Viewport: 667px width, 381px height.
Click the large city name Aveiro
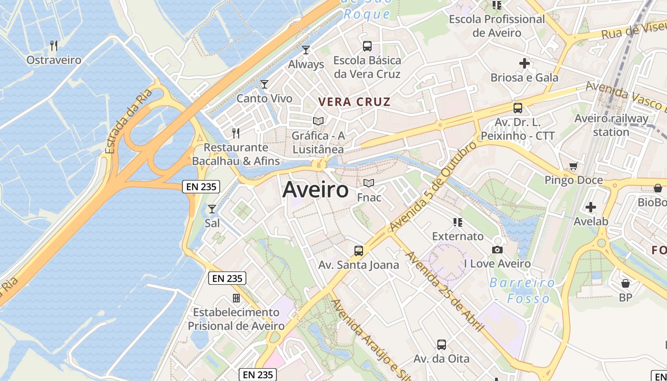pyautogui.click(x=315, y=190)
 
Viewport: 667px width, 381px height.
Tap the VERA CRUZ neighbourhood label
pyautogui.click(x=354, y=101)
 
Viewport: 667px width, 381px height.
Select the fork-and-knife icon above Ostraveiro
pyautogui.click(x=54, y=46)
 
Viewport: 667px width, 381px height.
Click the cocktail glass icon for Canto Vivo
pyautogui.click(x=264, y=84)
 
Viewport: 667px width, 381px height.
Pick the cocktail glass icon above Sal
pyautogui.click(x=212, y=209)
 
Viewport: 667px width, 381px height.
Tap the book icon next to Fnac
pyautogui.click(x=369, y=183)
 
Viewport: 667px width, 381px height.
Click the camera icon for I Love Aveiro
pyautogui.click(x=497, y=250)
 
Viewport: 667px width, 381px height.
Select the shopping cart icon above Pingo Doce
pyautogui.click(x=573, y=166)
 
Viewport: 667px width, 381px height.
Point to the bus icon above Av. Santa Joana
pyautogui.click(x=358, y=251)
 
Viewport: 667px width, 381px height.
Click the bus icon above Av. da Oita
pyautogui.click(x=441, y=344)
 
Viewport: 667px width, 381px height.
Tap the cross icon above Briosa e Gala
pyautogui.click(x=525, y=63)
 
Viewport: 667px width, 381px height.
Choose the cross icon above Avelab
pyautogui.click(x=591, y=207)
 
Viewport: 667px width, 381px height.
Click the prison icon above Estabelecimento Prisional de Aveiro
pyautogui.click(x=236, y=298)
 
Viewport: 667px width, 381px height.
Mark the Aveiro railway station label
pyautogui.click(x=611, y=125)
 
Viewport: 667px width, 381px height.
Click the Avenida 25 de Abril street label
pyautogui.click(x=444, y=291)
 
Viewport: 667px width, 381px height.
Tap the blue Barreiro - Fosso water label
pyautogui.click(x=522, y=291)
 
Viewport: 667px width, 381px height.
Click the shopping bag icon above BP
pyautogui.click(x=626, y=283)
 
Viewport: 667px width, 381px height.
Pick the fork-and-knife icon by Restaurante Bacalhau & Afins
pyautogui.click(x=235, y=133)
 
